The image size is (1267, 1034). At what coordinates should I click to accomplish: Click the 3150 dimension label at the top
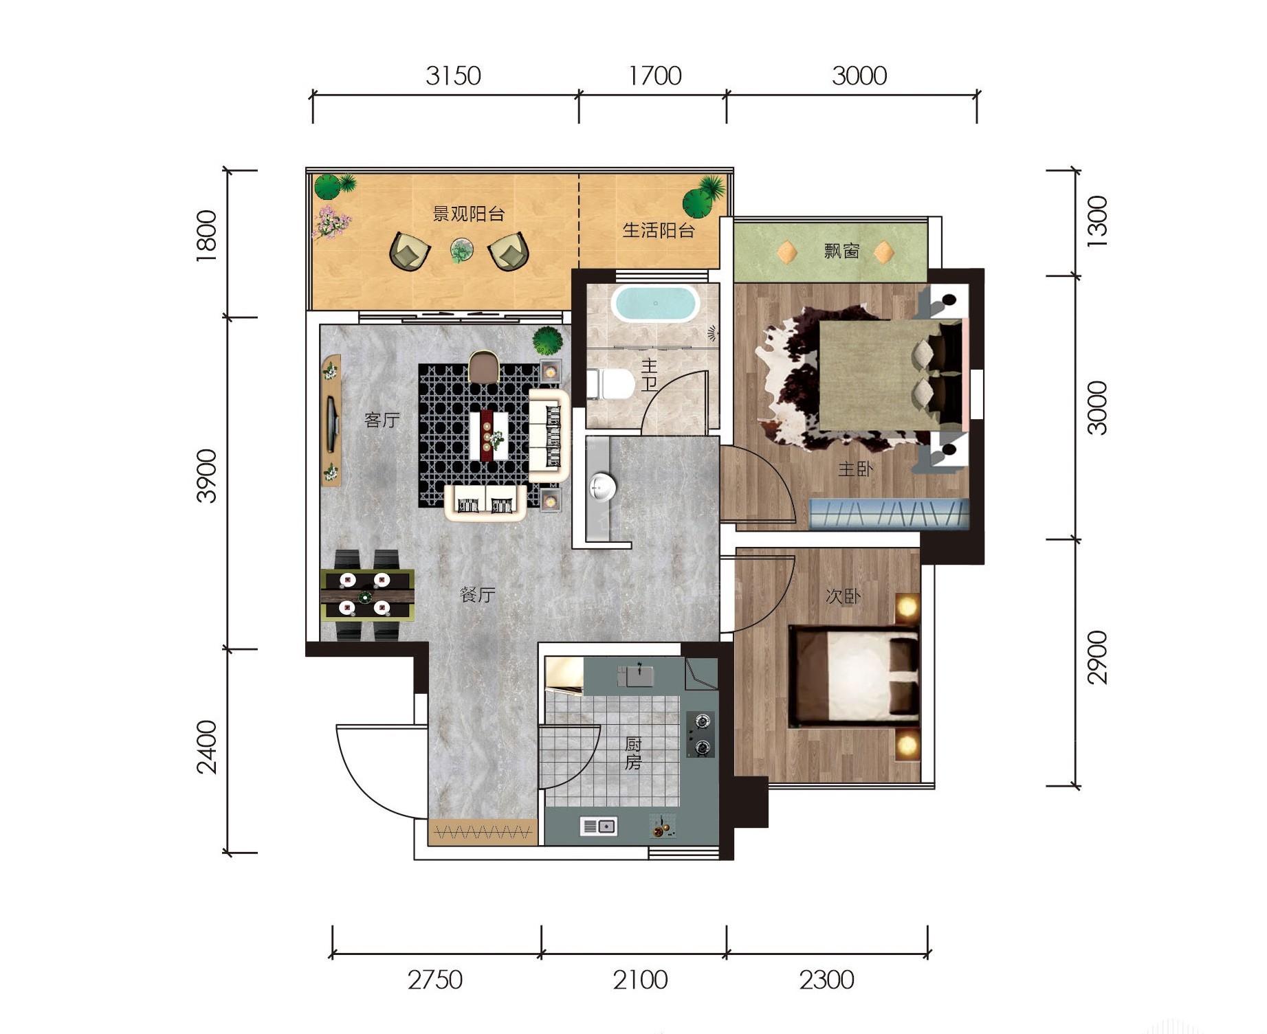453,76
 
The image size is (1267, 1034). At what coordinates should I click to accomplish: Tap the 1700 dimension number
655,76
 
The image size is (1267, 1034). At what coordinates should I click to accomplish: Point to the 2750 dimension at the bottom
435,980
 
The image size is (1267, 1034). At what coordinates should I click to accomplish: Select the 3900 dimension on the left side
206,476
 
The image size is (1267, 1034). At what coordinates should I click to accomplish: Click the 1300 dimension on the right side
1097,217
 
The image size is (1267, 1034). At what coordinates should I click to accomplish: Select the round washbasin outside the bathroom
602,487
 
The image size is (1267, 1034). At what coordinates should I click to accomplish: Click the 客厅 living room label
382,419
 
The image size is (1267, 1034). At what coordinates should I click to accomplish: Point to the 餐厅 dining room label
477,594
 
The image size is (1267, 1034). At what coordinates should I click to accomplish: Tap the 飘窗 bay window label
841,251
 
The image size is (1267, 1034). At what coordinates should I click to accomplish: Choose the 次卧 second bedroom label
843,596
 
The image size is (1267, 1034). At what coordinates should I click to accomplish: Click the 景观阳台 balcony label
469,214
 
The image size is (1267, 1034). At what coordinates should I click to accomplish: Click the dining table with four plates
367,594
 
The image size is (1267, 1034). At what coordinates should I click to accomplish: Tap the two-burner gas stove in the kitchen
701,734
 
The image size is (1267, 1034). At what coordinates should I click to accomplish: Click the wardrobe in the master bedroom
889,514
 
